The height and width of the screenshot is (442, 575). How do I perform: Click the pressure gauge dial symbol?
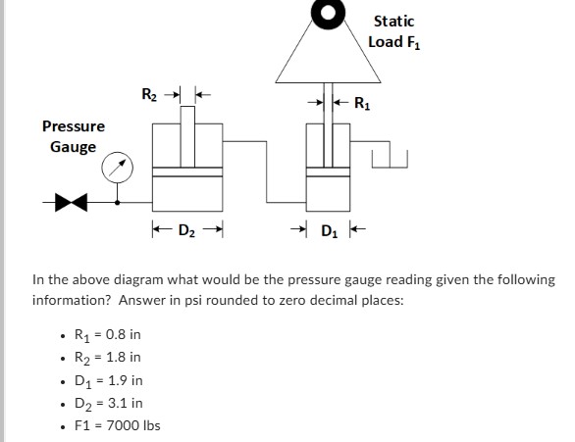[x=120, y=168]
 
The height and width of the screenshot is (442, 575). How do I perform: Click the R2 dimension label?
[x=148, y=96]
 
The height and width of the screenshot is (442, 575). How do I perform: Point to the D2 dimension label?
[x=184, y=231]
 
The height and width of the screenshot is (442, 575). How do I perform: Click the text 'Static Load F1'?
[x=392, y=30]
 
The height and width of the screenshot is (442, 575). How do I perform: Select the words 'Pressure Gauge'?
[x=73, y=136]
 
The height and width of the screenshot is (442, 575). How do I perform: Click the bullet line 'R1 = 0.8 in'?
[x=108, y=334]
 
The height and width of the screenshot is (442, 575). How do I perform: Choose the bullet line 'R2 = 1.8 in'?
[x=108, y=357]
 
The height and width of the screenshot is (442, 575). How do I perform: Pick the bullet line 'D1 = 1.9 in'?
[x=108, y=379]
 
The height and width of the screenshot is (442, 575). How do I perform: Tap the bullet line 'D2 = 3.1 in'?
[x=108, y=402]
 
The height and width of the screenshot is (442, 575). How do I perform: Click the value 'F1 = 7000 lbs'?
[x=117, y=424]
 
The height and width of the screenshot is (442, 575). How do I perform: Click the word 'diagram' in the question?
[x=135, y=279]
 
